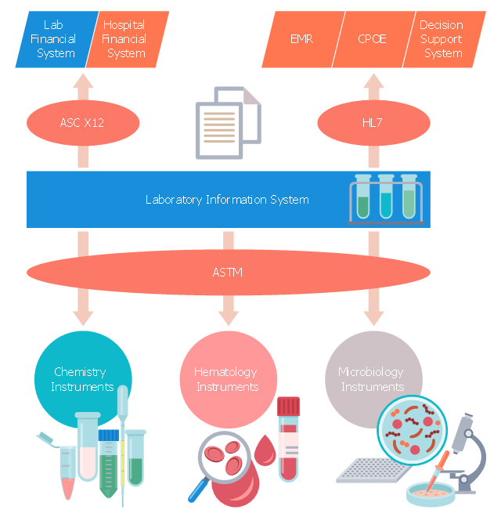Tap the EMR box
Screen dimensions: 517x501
click(301, 39)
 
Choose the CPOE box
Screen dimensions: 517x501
click(371, 39)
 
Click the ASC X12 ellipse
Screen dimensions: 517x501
click(83, 123)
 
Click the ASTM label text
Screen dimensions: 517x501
click(228, 273)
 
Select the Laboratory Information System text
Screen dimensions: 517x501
click(227, 200)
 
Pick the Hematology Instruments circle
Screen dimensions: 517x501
click(226, 379)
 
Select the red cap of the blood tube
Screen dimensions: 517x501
click(289, 406)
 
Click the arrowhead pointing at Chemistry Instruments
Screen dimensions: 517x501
click(83, 319)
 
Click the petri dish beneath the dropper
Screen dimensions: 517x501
click(430, 491)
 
